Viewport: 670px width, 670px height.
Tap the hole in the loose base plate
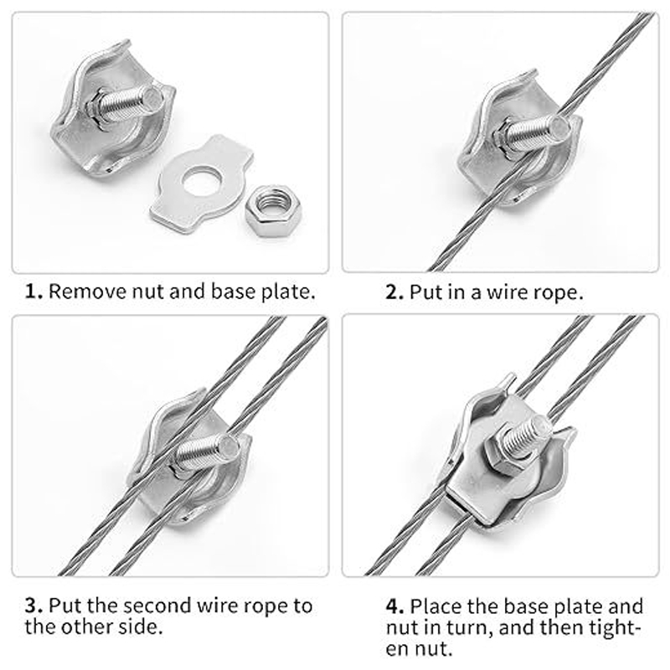(x=201, y=182)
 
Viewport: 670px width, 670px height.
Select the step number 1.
(x=33, y=291)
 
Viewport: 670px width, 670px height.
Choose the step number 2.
(x=394, y=292)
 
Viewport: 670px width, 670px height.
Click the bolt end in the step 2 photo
(x=559, y=128)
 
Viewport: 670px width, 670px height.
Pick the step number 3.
(x=33, y=606)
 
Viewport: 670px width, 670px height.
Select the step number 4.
(x=394, y=606)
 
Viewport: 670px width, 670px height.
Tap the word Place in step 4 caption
(x=435, y=606)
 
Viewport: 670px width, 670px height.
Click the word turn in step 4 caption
(x=470, y=628)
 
